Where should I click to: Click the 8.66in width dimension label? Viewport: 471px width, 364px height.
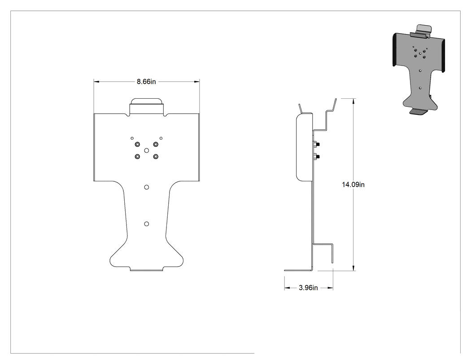(x=146, y=81)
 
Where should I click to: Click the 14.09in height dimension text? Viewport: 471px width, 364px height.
(x=353, y=184)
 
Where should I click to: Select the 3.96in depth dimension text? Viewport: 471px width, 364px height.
(x=308, y=288)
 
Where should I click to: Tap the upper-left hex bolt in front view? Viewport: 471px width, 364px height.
(x=137, y=144)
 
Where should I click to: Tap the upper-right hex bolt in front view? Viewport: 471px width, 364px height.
(x=156, y=144)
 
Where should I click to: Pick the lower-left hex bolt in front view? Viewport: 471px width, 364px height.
(x=137, y=157)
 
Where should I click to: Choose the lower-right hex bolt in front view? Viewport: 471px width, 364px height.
(x=156, y=157)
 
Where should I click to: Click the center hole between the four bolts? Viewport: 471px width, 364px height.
(x=147, y=150)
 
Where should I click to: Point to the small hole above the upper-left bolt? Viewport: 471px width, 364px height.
(x=132, y=138)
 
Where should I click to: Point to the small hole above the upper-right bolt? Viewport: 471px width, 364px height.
(x=161, y=138)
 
